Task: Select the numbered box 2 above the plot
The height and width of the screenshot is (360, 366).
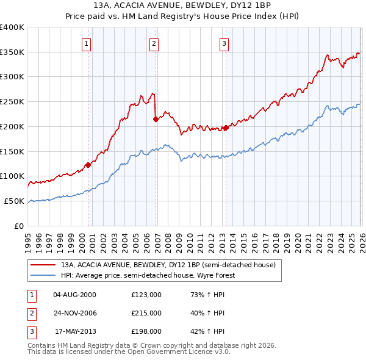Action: (x=154, y=43)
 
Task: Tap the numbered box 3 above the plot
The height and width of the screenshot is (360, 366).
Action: (x=224, y=43)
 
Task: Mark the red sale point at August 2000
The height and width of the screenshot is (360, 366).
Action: (x=88, y=164)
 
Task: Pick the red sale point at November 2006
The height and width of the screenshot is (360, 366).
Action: (x=156, y=119)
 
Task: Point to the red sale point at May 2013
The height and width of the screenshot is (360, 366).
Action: (x=226, y=128)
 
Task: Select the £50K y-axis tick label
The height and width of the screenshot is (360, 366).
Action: (x=14, y=201)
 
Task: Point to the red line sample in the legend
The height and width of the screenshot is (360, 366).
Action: (x=43, y=265)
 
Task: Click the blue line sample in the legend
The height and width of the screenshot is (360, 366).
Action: (x=43, y=275)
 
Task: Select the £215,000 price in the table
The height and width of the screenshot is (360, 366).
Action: (x=146, y=313)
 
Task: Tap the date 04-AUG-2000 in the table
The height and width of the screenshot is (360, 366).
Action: (x=74, y=295)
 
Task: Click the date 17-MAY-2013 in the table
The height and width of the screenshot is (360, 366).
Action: (x=75, y=331)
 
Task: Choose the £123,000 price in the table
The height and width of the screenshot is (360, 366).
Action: (x=146, y=295)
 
